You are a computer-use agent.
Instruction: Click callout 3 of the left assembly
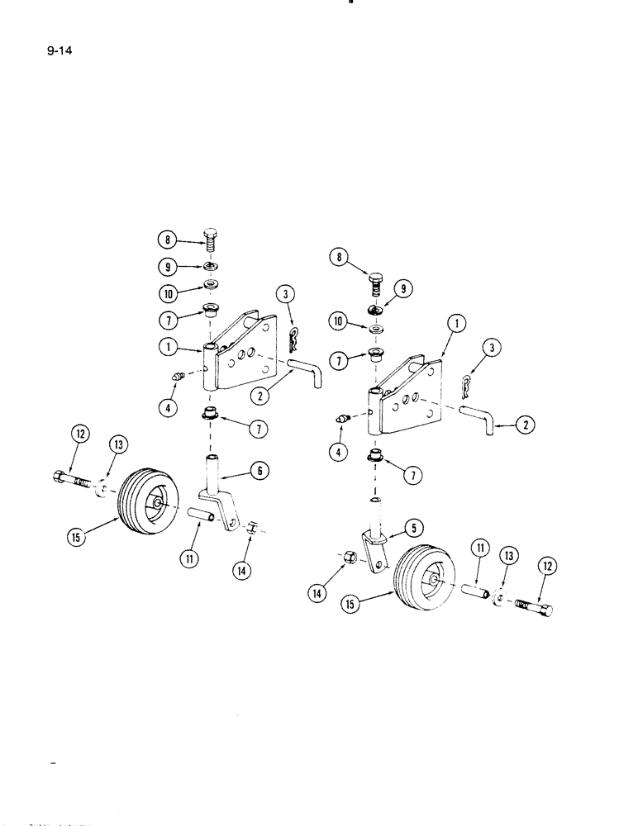(285, 296)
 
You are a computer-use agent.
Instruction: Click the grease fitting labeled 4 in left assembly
(176, 378)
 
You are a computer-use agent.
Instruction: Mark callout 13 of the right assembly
(507, 557)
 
